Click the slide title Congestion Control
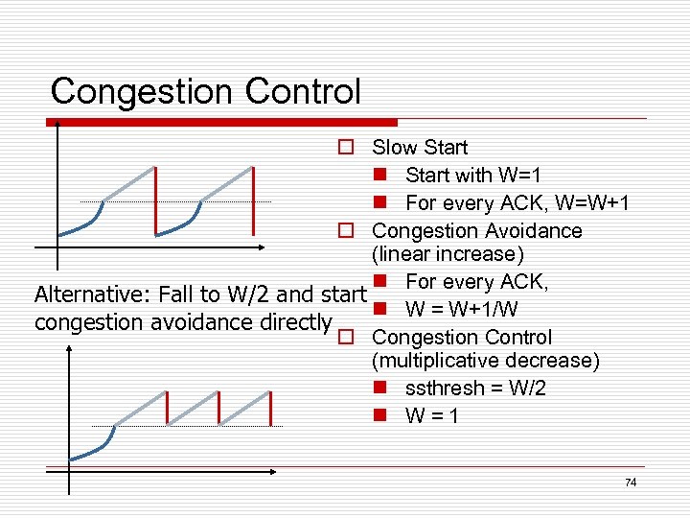click(x=205, y=92)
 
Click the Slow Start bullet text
click(x=420, y=148)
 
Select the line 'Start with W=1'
click(x=473, y=176)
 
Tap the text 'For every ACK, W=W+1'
click(x=517, y=203)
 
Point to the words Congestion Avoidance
click(x=476, y=231)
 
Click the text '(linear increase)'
click(x=448, y=255)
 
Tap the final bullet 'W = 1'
click(x=431, y=416)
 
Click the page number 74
click(x=630, y=483)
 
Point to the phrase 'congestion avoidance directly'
click(x=183, y=322)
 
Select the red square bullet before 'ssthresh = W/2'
click(x=380, y=388)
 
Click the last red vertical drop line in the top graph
click(x=253, y=200)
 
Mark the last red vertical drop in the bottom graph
click(x=270, y=408)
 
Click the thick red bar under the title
click(x=221, y=122)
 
